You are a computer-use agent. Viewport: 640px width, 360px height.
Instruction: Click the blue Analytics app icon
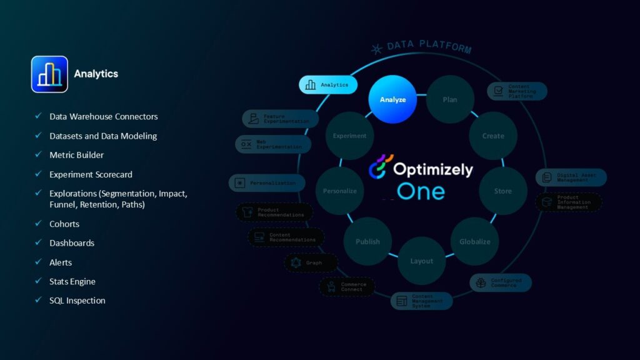coord(49,74)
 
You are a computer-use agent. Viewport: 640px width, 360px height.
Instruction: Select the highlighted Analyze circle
coord(392,99)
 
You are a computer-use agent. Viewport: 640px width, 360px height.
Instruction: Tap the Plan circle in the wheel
coord(450,99)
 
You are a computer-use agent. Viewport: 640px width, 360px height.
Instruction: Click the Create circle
coord(493,136)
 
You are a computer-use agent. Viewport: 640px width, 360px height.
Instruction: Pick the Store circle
coord(503,191)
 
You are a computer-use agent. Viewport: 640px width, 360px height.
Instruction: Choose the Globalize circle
coord(475,241)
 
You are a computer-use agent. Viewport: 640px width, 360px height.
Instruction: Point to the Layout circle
coord(422,261)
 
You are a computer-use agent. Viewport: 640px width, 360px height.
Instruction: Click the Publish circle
coord(367,241)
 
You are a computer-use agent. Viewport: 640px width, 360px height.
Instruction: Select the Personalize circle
coord(339,191)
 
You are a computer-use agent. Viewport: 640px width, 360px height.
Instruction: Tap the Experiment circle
coord(349,136)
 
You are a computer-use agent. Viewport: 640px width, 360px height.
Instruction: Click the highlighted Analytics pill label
coord(328,84)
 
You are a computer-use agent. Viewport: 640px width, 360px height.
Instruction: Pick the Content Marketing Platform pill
coord(517,91)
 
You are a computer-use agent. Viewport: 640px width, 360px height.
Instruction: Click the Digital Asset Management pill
coord(571,177)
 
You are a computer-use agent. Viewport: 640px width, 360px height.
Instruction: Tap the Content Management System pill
coord(421,301)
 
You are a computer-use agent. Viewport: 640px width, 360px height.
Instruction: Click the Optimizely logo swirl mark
coord(379,167)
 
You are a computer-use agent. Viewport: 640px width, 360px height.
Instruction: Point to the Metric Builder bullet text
coord(77,155)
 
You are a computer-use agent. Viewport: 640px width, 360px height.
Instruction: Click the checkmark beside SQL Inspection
coord(38,301)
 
